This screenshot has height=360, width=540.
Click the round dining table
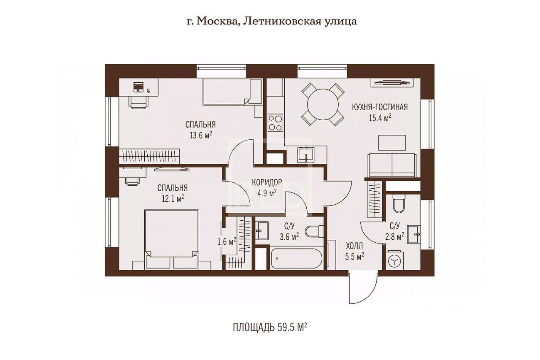click(323, 104)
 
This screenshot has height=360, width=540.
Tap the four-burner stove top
click(275, 122)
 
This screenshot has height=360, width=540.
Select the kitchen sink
click(306, 154)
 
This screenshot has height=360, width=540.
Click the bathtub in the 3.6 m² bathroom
click(297, 259)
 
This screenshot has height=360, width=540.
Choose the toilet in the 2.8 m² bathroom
click(399, 203)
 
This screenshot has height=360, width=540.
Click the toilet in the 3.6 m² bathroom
click(314, 232)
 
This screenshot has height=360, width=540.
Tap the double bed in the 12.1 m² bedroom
click(172, 239)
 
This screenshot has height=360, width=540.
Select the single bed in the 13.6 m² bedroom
click(232, 92)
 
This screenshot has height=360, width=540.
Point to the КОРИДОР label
click(267, 182)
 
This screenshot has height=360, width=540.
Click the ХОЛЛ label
click(354, 246)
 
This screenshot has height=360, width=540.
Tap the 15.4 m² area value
click(380, 118)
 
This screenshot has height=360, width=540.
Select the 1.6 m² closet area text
click(227, 241)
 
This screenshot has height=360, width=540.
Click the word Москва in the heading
click(217, 22)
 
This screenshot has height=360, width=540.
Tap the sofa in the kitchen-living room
click(392, 165)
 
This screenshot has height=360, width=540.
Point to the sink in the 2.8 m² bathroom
click(414, 234)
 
